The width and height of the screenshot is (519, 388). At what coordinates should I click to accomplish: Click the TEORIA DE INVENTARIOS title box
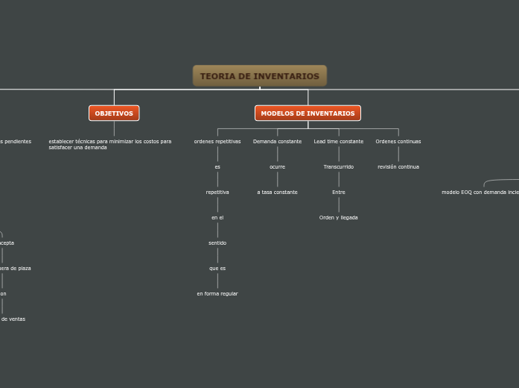pyautogui.click(x=259, y=76)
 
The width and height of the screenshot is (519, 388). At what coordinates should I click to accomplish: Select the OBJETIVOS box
pyautogui.click(x=114, y=113)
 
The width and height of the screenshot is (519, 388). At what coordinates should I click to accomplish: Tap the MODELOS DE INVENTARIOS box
pyautogui.click(x=308, y=113)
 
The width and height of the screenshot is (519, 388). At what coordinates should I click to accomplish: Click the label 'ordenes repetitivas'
pyautogui.click(x=217, y=141)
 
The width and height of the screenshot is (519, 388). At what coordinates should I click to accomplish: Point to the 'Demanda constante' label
pyautogui.click(x=277, y=141)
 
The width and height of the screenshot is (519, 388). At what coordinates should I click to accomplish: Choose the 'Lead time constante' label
pyautogui.click(x=339, y=141)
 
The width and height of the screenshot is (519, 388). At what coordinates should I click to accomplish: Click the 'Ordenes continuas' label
pyautogui.click(x=398, y=141)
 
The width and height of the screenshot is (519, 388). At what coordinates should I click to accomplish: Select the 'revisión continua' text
pyautogui.click(x=398, y=166)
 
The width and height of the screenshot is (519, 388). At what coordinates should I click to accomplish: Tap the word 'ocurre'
pyautogui.click(x=277, y=166)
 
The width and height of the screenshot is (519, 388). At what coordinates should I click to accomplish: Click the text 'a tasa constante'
pyautogui.click(x=277, y=192)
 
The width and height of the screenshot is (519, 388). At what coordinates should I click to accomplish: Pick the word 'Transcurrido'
pyautogui.click(x=339, y=166)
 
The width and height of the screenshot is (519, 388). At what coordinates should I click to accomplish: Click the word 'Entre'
pyautogui.click(x=339, y=192)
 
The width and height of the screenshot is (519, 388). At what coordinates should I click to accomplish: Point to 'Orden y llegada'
pyautogui.click(x=339, y=217)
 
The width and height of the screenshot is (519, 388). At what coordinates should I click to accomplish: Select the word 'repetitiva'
pyautogui.click(x=217, y=192)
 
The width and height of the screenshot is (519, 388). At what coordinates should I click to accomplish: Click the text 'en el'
pyautogui.click(x=217, y=217)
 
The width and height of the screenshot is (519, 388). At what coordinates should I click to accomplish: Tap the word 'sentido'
pyautogui.click(x=217, y=242)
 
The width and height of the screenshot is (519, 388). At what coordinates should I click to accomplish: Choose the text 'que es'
pyautogui.click(x=217, y=268)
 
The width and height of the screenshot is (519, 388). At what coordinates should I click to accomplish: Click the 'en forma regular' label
pyautogui.click(x=217, y=293)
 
